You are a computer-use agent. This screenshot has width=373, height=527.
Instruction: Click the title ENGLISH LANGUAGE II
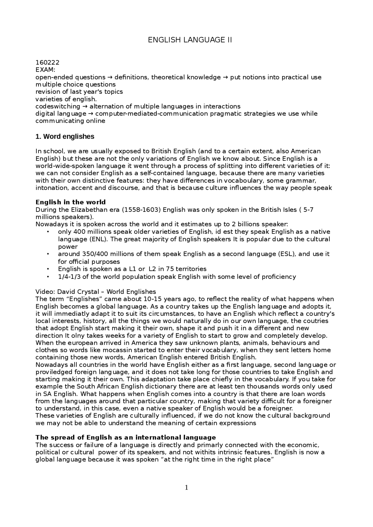tap(190, 40)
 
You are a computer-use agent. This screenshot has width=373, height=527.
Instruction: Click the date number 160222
tap(47, 63)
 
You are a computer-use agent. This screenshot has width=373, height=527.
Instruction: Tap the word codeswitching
tap(57, 106)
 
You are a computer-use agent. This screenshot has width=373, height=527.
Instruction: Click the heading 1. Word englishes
tap(65, 136)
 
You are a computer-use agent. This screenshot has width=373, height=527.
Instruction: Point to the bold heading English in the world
tap(71, 202)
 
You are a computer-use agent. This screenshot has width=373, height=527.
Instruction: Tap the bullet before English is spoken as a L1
tap(47, 269)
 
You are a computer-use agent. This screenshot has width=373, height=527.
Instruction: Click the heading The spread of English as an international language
tap(126, 438)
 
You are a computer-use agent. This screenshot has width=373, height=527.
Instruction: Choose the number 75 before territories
tap(170, 269)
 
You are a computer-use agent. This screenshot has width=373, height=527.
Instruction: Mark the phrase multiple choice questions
tap(75, 84)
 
